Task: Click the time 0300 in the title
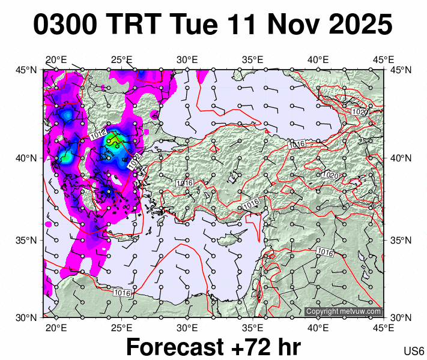(65, 25)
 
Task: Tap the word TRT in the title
(135, 25)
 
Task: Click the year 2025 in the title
(356, 25)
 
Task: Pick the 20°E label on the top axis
(56, 60)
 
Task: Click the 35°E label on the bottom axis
(253, 327)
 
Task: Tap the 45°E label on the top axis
(383, 60)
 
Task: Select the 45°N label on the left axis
(27, 70)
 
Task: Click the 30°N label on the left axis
(27, 317)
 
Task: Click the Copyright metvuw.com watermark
(344, 311)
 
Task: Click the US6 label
(414, 351)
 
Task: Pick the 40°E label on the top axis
(318, 60)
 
